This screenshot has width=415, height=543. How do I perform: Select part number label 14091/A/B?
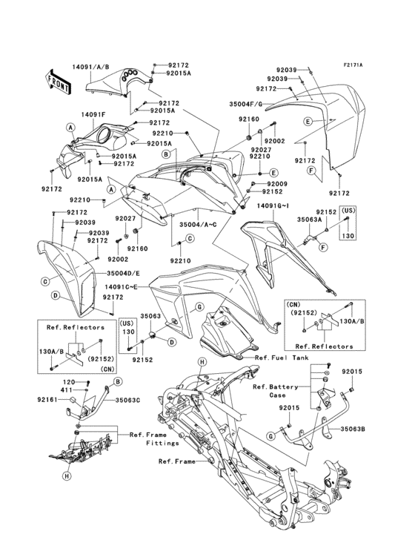[x=91, y=65]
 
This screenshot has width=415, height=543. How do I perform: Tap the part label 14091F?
[x=93, y=115]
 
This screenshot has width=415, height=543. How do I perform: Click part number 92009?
[x=277, y=183]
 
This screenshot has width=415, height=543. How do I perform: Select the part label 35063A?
[x=309, y=220]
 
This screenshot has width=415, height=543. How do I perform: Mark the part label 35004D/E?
[x=120, y=274]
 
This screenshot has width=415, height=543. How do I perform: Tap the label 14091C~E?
[x=122, y=286]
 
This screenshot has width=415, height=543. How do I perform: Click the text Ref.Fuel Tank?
[x=282, y=358]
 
